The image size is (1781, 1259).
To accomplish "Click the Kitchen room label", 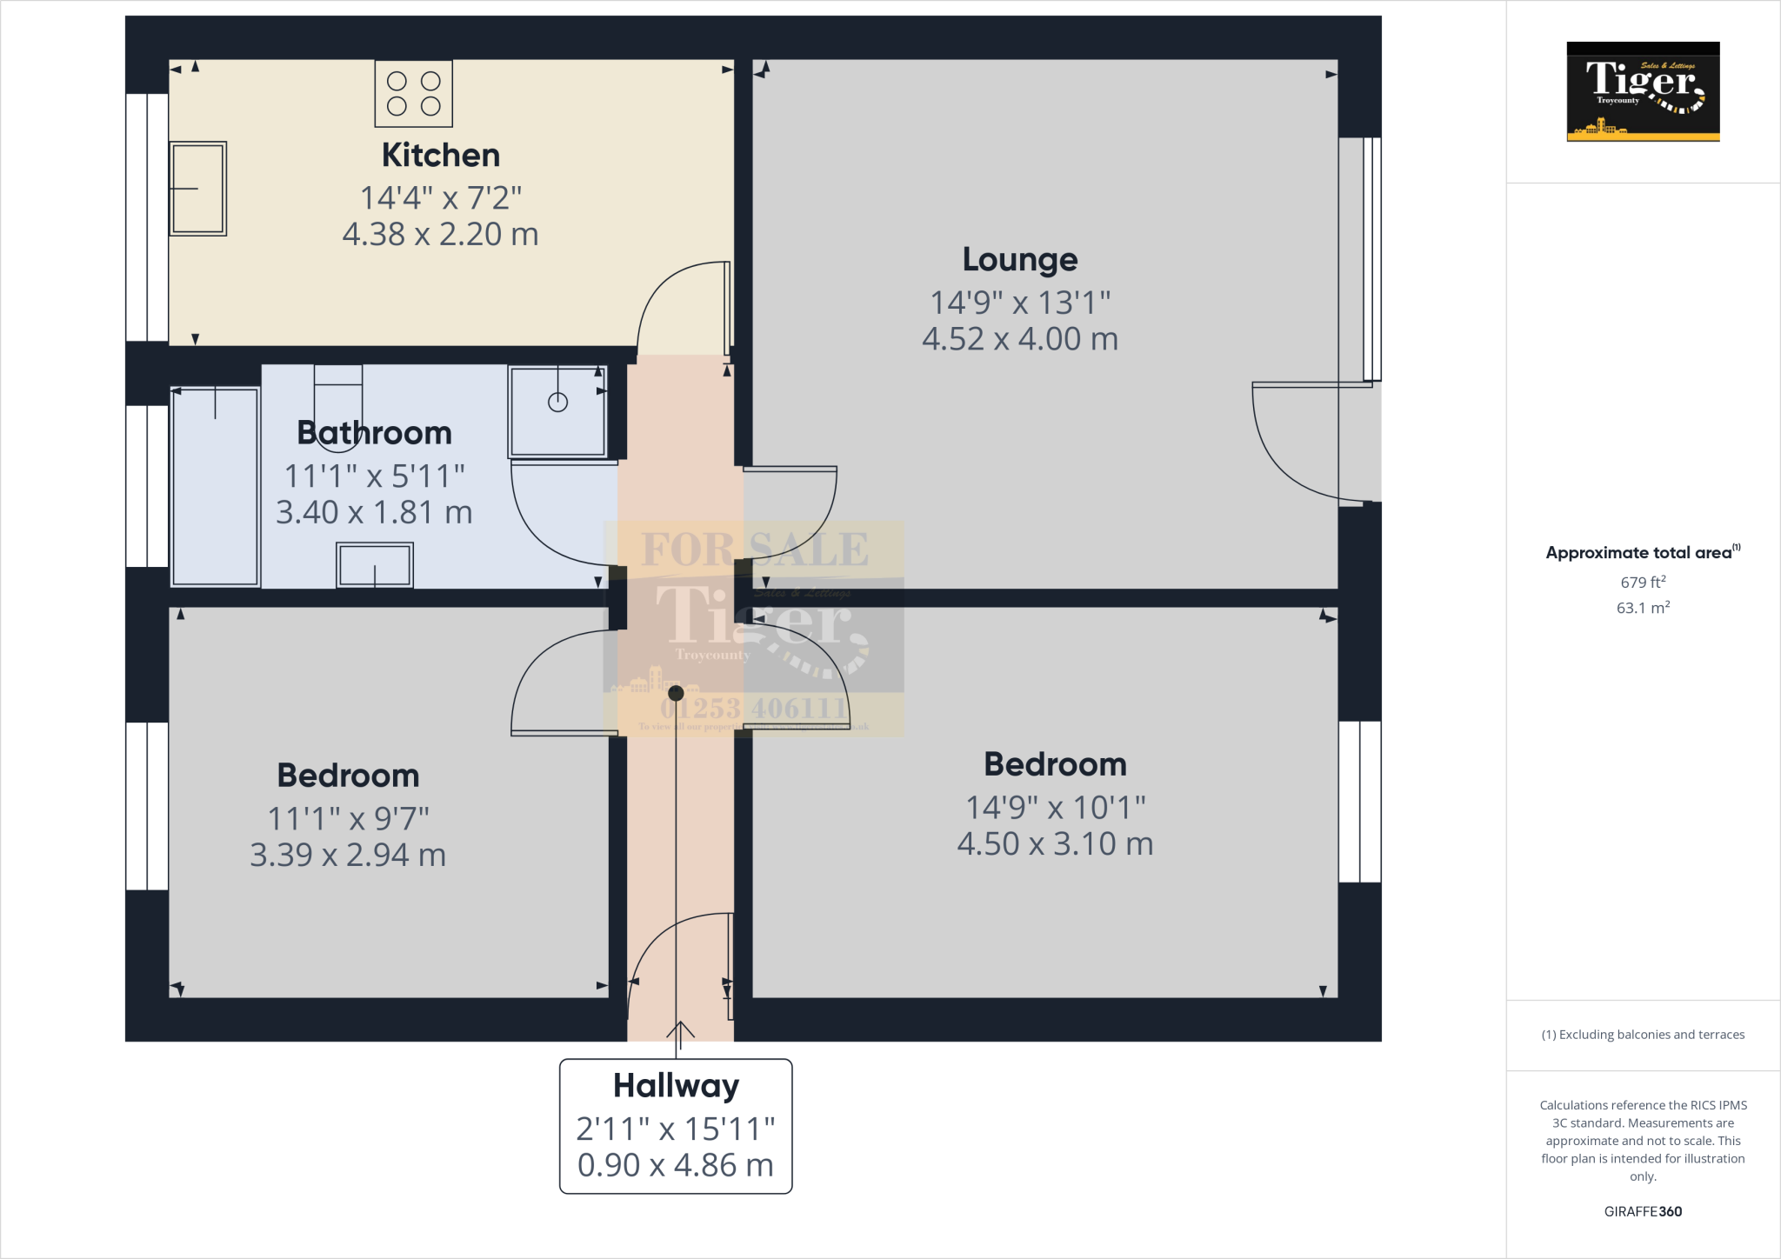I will tap(441, 156).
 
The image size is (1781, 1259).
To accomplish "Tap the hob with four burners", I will tap(414, 94).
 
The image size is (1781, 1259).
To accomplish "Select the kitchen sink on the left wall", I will tap(198, 189).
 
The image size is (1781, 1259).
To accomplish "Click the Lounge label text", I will tap(1019, 259).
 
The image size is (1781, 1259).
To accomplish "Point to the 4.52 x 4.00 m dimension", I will tap(1019, 339).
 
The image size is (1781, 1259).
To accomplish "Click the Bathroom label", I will tap(374, 433).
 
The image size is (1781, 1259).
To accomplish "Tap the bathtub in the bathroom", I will tap(215, 487).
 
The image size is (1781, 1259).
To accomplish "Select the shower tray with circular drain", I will tap(557, 411).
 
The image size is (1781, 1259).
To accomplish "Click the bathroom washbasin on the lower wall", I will tap(375, 565).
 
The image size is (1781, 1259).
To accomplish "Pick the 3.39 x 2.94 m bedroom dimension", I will tap(348, 856).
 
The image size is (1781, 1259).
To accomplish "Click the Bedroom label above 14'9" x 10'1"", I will tap(1055, 764).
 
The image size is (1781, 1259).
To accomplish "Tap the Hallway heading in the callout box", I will tap(676, 1086).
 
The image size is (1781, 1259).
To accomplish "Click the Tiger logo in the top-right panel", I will tap(1643, 91).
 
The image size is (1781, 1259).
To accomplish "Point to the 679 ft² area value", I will tap(1643, 583).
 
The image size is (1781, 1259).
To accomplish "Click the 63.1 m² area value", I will tap(1643, 608).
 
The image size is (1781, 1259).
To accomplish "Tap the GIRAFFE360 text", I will tap(1643, 1211).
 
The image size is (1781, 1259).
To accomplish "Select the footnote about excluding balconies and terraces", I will tap(1643, 1035).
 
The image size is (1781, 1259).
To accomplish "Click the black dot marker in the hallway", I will tap(676, 693).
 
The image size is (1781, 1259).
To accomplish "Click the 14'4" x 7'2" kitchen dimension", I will tap(441, 198).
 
